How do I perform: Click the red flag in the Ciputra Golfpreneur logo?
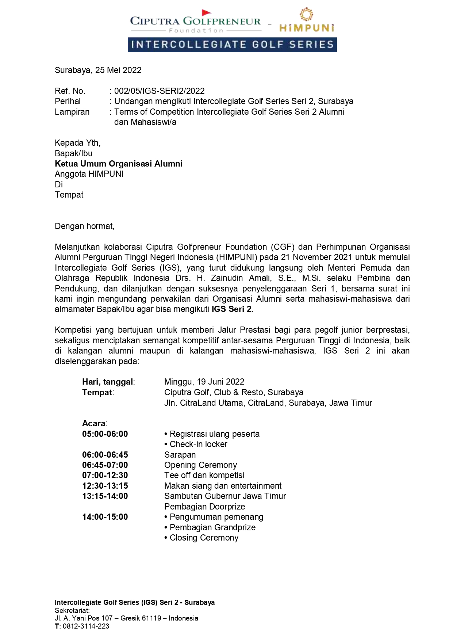(x=207, y=13)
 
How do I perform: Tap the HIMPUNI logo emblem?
(x=306, y=15)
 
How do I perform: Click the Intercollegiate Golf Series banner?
(x=232, y=45)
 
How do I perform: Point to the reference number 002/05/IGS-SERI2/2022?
(x=159, y=91)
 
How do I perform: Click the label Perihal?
(x=68, y=101)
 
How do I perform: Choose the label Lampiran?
(x=72, y=112)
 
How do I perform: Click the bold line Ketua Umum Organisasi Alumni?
(x=119, y=164)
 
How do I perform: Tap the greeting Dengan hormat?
(x=85, y=226)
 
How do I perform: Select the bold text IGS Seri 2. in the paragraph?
(x=233, y=309)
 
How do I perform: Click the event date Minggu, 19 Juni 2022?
(x=204, y=382)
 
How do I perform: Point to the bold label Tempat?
(x=97, y=392)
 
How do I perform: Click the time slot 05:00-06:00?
(x=105, y=434)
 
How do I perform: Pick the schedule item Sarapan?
(x=180, y=455)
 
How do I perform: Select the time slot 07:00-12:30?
(x=105, y=475)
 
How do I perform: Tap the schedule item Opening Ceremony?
(x=200, y=465)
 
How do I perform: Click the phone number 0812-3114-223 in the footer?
(x=86, y=626)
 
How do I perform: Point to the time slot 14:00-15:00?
(x=105, y=517)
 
